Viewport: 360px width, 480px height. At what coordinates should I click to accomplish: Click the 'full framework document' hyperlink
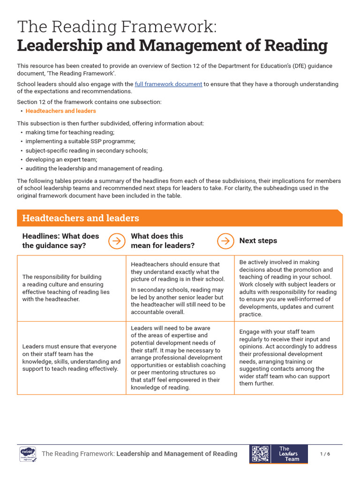point(168,84)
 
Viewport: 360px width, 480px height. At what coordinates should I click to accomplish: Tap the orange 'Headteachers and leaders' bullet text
point(60,111)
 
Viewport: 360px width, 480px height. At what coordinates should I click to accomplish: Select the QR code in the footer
point(260,454)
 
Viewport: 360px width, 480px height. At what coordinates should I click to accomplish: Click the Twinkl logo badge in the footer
point(28,454)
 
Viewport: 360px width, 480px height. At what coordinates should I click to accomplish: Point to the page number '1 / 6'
point(325,454)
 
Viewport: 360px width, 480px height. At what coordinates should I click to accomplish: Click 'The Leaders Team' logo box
point(289,454)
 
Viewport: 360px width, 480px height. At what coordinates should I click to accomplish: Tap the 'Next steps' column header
point(258,240)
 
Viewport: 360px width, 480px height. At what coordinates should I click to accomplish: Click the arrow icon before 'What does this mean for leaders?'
point(116,241)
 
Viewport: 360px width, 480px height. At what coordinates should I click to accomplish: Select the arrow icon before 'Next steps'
point(225,241)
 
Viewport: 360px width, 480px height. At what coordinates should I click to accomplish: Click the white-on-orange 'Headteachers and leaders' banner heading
point(81,218)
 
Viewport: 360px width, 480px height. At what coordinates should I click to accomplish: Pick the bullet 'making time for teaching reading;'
point(70,133)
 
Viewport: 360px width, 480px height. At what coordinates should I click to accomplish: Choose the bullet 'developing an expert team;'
point(61,159)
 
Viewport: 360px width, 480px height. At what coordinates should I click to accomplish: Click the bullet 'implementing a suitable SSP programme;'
point(80,142)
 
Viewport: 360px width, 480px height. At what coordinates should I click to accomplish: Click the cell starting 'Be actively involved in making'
point(288,288)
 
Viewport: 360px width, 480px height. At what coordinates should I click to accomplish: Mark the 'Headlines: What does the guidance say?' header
point(60,241)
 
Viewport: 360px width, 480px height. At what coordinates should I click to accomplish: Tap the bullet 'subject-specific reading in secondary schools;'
point(86,150)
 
